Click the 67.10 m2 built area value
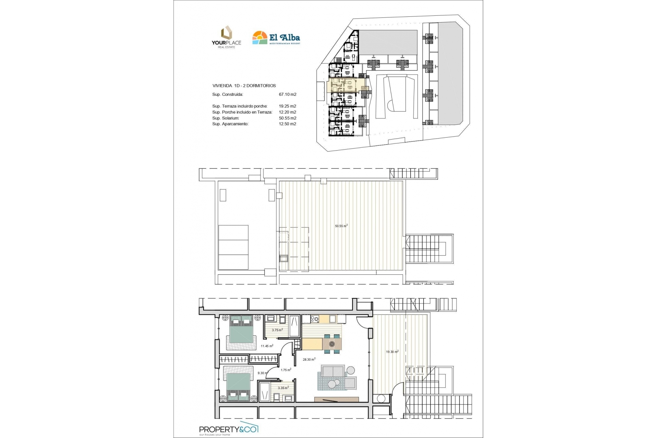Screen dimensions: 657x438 click(287, 94)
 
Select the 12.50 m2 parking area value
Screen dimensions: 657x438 click(287, 124)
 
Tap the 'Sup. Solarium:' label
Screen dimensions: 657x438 click(226, 118)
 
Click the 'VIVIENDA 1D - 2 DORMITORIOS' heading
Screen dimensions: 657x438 click(244, 86)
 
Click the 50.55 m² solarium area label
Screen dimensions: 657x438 click(341, 226)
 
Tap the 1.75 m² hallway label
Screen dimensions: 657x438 click(286, 370)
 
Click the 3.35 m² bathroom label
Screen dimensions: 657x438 click(283, 388)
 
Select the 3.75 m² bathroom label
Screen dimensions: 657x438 click(277, 330)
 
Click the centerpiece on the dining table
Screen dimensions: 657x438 click(332, 344)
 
